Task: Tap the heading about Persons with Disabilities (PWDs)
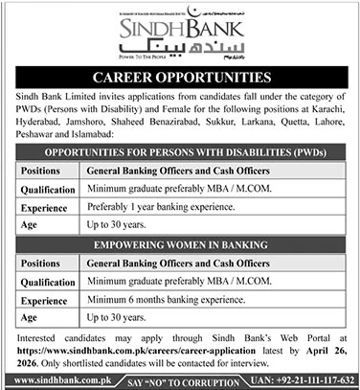(x=180, y=152)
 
